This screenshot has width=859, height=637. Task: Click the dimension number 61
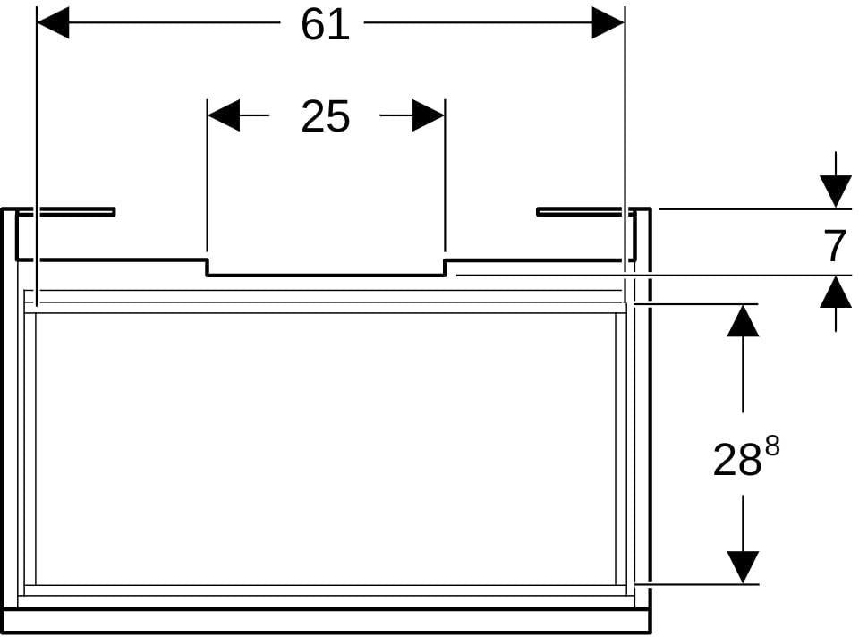coord(326,25)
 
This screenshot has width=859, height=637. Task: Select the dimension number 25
coord(326,116)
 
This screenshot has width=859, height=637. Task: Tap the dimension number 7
coord(835,246)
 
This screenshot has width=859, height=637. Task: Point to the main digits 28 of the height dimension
coord(737,460)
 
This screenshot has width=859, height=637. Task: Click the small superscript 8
coord(772,446)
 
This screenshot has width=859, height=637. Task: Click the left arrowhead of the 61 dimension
coord(53,23)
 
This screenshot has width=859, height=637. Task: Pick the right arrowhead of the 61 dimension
coord(608,23)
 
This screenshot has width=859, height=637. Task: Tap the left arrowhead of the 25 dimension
coord(224,115)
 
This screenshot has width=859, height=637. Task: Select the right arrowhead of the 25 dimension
coord(429,115)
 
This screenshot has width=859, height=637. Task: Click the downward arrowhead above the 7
coord(836,191)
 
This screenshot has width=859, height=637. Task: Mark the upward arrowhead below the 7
coord(836,292)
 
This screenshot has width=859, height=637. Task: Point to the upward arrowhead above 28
coord(743,320)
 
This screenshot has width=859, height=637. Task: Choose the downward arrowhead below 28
coord(743,567)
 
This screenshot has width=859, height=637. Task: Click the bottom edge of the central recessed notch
coord(326,275)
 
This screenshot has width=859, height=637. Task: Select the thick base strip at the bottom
coord(327,620)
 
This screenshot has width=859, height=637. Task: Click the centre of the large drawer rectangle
coord(326,449)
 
